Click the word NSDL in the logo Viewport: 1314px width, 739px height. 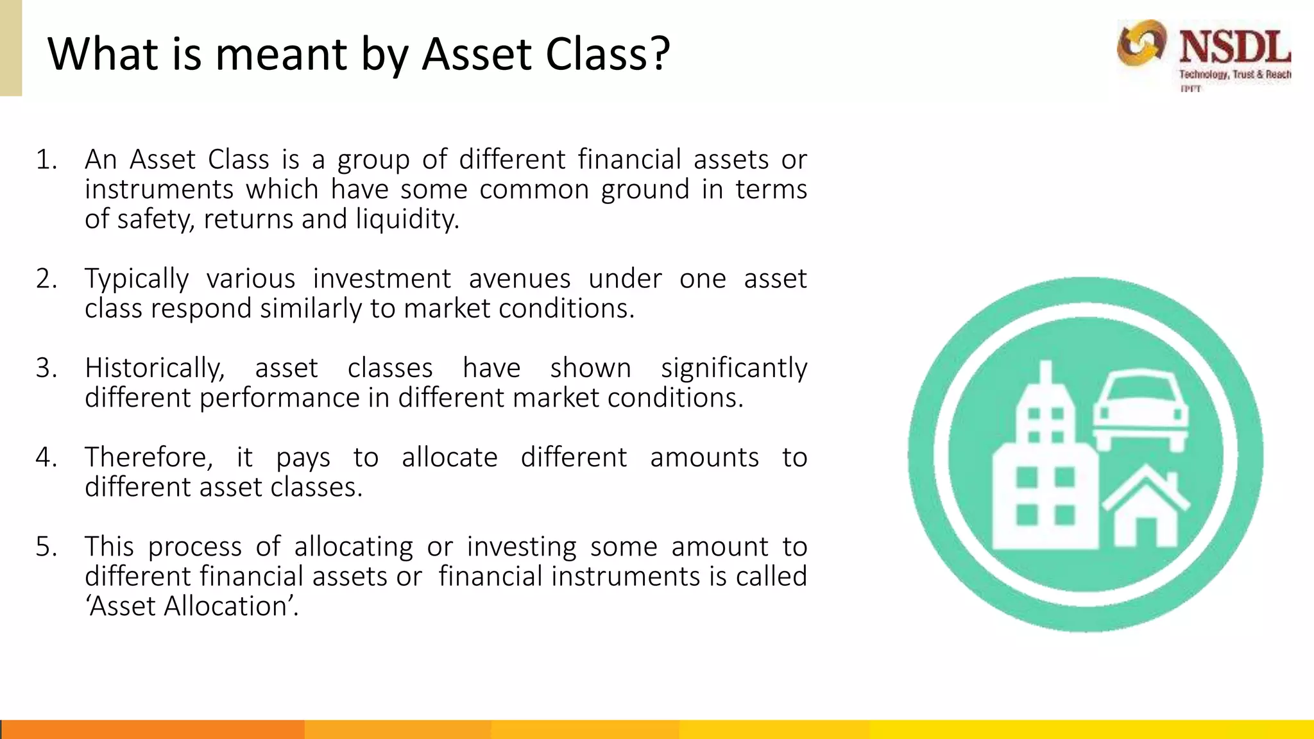pyautogui.click(x=1234, y=47)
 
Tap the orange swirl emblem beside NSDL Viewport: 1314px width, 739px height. pyautogui.click(x=1141, y=43)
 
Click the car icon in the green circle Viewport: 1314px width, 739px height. pyautogui.click(x=1141, y=409)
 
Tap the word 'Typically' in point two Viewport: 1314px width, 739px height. pyautogui.click(x=137, y=279)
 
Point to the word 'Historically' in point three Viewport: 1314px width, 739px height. pyautogui.click(x=154, y=368)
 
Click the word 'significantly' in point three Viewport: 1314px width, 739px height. pyautogui.click(x=733, y=368)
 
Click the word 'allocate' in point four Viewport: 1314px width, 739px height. pyautogui.click(x=449, y=457)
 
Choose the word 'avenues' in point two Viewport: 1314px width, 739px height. pyautogui.click(x=519, y=279)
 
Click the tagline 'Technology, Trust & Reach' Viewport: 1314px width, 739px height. pyautogui.click(x=1234, y=74)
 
